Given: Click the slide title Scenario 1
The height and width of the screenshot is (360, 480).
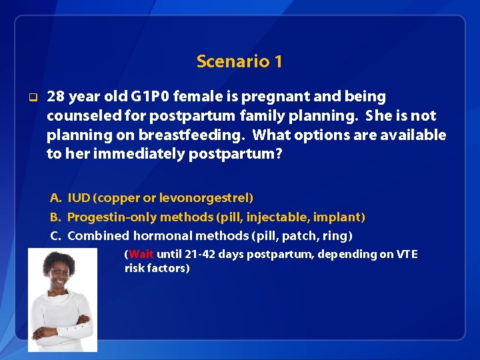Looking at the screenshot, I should point(239,62).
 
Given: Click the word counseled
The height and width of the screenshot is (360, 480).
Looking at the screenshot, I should point(83,116).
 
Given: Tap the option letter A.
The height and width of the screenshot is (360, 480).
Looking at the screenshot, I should point(55,198).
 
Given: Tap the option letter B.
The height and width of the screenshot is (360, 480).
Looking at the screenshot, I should point(55,217).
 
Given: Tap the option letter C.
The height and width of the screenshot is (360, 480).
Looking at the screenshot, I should point(55,235).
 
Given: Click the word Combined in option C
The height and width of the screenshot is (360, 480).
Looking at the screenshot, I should point(99,235).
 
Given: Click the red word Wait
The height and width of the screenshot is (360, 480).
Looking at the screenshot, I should point(141,254).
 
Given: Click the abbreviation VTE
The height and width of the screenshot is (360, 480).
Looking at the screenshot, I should point(407,254).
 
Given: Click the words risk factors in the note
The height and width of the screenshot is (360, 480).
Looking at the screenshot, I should point(156,268).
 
